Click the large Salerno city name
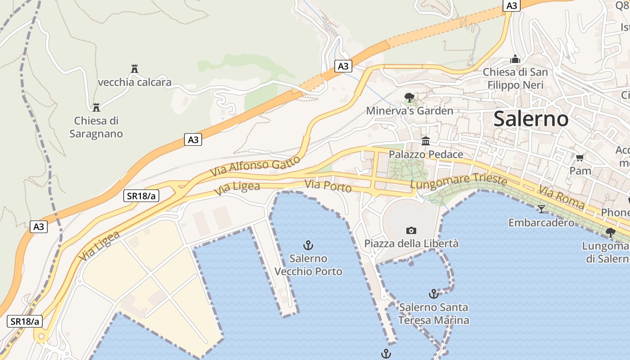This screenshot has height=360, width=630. [531, 119]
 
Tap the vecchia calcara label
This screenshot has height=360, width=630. [135, 82]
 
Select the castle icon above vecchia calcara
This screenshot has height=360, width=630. [134, 68]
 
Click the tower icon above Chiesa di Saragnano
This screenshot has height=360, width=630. [96, 107]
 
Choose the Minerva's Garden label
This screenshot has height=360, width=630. [409, 111]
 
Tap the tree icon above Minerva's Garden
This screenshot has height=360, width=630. [409, 97]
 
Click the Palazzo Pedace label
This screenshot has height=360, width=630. [426, 154]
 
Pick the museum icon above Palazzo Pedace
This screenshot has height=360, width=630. [426, 141]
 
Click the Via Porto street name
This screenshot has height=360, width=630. [328, 185]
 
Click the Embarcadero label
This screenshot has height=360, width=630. [541, 222]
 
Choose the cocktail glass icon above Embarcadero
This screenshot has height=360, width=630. [541, 209]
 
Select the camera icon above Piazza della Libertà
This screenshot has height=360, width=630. [411, 230]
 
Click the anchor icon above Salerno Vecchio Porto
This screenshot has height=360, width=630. [308, 245]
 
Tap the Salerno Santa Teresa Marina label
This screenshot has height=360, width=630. [433, 314]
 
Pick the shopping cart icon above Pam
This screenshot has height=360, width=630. [580, 157]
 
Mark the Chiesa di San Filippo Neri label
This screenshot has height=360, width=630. [515, 78]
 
